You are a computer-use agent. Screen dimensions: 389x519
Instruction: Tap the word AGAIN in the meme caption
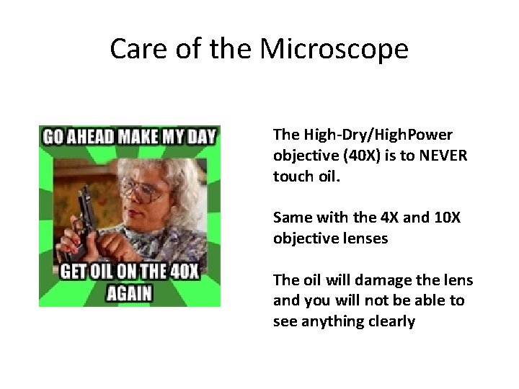130,294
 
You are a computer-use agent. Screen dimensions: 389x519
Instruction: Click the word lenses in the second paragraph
366,238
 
